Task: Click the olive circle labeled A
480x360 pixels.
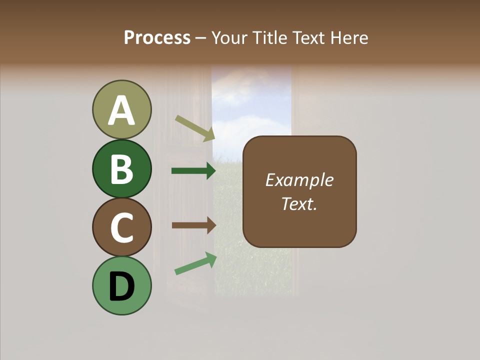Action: pos(121,109)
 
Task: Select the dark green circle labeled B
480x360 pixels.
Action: pos(121,168)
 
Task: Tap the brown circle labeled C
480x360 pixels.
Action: pos(121,227)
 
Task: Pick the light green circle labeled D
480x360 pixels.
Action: pos(121,286)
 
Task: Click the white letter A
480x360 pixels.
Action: pos(121,110)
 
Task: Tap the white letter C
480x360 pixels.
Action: pos(121,228)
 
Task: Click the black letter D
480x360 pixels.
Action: pos(121,287)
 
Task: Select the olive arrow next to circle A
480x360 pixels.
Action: pos(194,128)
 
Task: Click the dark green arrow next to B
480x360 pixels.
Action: pos(193,171)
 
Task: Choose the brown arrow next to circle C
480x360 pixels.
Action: pos(193,225)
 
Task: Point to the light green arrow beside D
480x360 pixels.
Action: pos(195,263)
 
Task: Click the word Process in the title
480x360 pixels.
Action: pos(157,37)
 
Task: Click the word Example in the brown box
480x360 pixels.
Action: pos(299,180)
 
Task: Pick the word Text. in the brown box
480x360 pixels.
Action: pos(299,203)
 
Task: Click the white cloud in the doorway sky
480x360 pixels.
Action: pos(245,123)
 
